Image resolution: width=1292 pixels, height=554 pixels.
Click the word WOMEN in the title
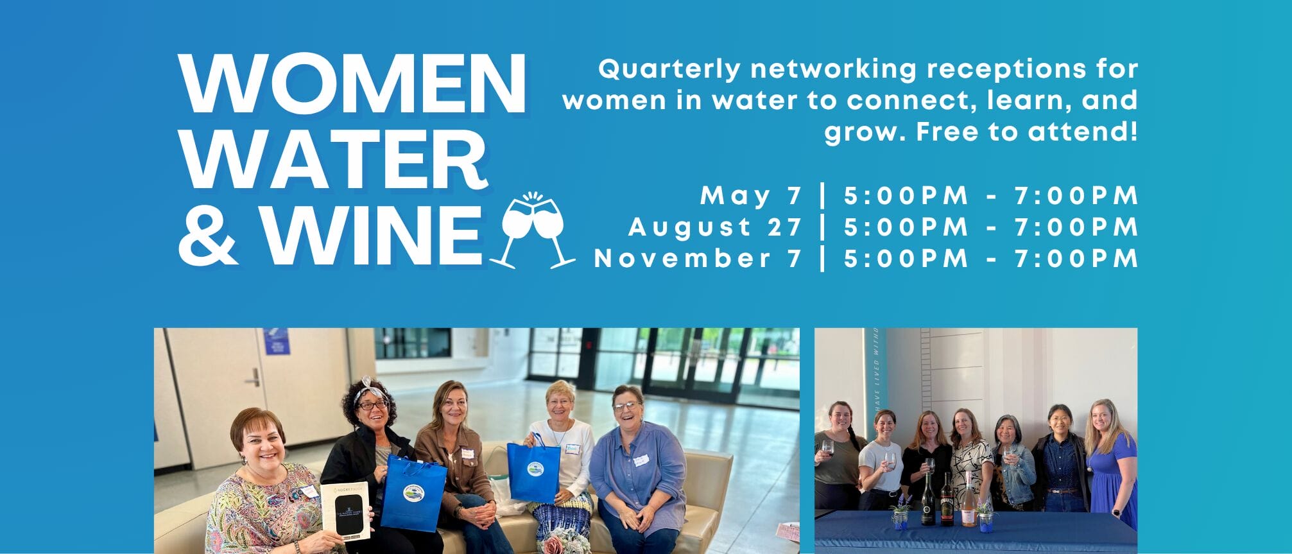click(352, 85)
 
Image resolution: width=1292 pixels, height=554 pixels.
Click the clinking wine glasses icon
click(533, 230)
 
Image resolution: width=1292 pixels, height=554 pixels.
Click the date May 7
click(752, 196)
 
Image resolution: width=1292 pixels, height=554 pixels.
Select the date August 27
click(716, 227)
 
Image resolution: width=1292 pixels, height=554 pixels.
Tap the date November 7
click(698, 258)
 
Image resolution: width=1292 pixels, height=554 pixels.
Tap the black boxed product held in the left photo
click(345, 510)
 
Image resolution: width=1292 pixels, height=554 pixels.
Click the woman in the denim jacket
click(1012, 463)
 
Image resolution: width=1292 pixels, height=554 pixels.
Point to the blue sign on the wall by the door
click(277, 341)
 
